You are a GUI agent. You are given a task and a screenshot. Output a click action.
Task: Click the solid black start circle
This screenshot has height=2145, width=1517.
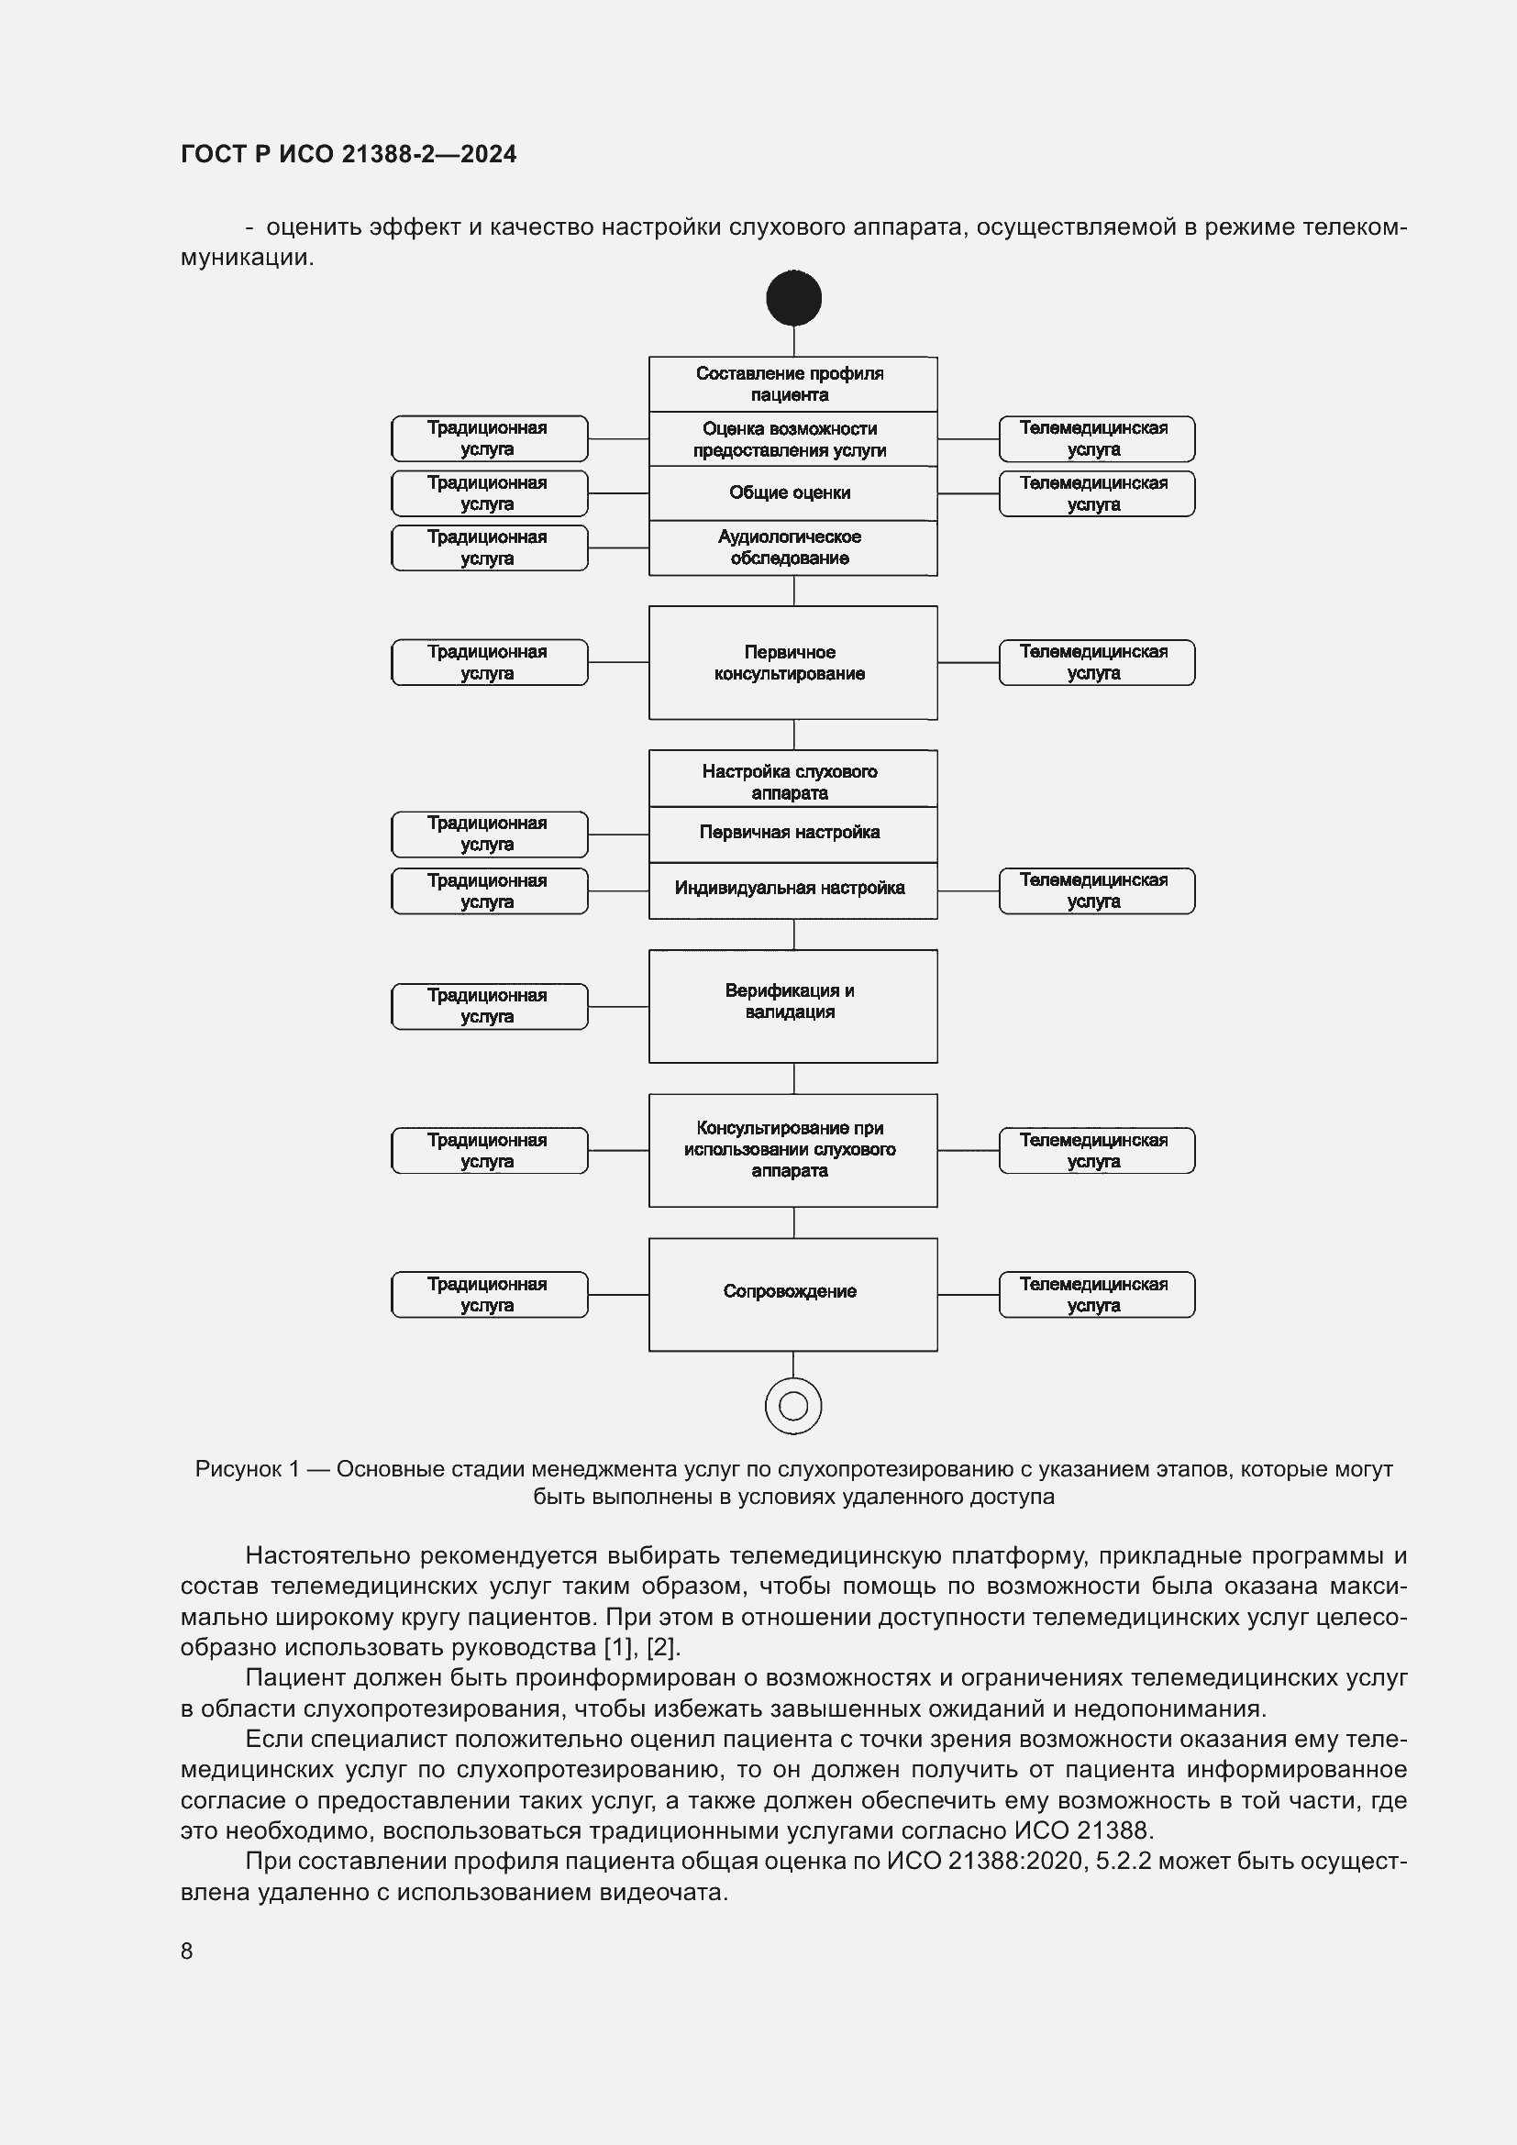coord(793,298)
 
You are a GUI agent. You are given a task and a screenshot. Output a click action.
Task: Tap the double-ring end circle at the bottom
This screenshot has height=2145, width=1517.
coord(793,1405)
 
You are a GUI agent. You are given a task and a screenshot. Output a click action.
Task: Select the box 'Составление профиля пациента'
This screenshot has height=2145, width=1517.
coord(792,384)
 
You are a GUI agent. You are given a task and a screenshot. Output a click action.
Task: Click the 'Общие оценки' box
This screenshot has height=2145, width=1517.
coord(792,492)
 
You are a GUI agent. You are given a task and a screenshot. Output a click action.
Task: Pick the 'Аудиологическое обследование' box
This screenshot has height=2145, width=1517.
coord(792,547)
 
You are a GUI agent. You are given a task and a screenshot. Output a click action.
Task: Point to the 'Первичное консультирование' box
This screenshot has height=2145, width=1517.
coord(792,662)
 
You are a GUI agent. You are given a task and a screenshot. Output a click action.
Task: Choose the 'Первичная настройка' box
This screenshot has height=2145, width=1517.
coord(792,833)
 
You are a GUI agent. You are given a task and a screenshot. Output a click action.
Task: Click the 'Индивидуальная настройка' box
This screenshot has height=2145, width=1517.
coord(792,889)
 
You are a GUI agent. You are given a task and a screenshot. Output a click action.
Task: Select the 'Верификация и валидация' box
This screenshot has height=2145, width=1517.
coord(792,1005)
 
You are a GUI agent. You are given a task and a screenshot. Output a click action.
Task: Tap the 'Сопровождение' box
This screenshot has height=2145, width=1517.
coord(792,1294)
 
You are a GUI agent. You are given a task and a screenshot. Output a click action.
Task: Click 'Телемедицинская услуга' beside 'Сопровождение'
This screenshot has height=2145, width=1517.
coord(1096,1294)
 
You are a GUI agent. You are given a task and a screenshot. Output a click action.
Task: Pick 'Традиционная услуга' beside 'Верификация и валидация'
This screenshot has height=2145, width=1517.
coord(489,1006)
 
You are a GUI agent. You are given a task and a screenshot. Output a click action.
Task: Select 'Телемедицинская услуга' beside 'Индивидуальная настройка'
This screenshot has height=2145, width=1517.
coord(1096,890)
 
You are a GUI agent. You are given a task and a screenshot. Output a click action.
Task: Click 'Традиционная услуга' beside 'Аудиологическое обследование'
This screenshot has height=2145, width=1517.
coord(489,547)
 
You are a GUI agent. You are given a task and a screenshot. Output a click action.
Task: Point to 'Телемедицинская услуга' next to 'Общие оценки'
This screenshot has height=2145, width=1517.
coord(1096,493)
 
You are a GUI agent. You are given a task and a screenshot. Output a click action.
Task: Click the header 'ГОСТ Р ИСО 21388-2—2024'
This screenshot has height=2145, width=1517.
coord(349,154)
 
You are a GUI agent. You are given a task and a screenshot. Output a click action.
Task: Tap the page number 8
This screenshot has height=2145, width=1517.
coord(187,1951)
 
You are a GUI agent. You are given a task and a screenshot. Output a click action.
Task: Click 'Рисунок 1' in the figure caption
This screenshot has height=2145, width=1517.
coord(247,1469)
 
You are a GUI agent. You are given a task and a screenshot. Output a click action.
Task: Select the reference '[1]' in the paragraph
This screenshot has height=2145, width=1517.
coord(617,1646)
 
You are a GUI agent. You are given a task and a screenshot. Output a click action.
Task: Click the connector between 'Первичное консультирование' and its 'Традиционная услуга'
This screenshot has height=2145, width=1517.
coord(617,662)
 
